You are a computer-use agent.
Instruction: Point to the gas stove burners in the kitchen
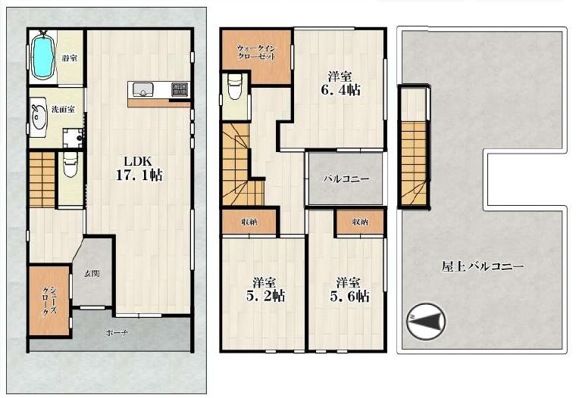[180, 89]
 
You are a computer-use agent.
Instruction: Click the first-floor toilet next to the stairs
[70, 164]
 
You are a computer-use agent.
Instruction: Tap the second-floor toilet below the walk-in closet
[233, 86]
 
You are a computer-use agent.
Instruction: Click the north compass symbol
[426, 322]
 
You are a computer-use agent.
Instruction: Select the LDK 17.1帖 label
[139, 169]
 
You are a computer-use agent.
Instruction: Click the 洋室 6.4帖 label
[340, 84]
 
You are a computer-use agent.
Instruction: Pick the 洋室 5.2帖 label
[265, 290]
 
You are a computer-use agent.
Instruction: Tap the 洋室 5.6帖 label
[349, 290]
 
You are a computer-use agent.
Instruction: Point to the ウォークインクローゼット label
[256, 52]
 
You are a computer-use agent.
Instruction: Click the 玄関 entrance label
[92, 274]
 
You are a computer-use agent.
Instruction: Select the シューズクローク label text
[49, 300]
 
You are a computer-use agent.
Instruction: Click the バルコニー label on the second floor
[346, 179]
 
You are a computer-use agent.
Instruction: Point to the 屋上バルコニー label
[482, 266]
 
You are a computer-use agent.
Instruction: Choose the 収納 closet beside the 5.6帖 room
[360, 222]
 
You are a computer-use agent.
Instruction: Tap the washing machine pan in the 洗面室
[72, 138]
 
